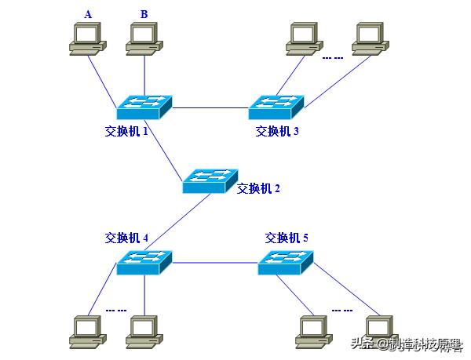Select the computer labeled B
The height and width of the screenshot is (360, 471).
pos(144,39)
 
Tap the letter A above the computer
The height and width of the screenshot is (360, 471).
pos(87,14)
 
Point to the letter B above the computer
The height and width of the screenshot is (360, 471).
pos(144,14)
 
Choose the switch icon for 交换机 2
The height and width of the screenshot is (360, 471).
pos(210,180)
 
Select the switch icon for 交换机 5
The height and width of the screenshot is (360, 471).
pos(286,262)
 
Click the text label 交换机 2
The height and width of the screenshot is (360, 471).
pos(258,188)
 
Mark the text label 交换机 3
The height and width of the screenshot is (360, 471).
pos(276,131)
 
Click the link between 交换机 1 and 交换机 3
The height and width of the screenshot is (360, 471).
pos(210,107)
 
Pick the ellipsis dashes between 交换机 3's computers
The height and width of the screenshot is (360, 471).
pos(332,57)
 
